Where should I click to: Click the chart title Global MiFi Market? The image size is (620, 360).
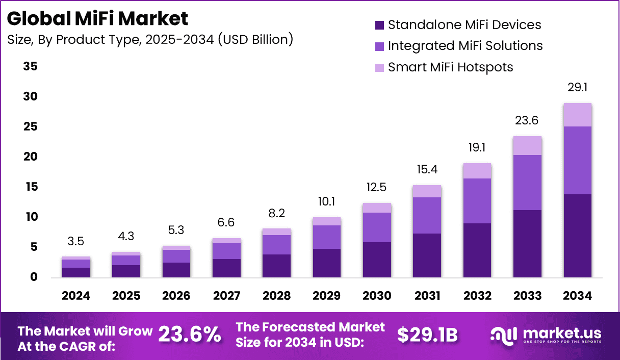pyautogui.click(x=98, y=18)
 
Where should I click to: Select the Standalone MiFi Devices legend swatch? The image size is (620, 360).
pyautogui.click(x=379, y=25)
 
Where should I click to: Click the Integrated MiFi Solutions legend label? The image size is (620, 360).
pyautogui.click(x=465, y=46)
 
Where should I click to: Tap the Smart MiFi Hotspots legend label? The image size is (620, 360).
pyautogui.click(x=450, y=67)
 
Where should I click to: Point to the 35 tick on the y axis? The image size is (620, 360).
pyautogui.click(x=30, y=67)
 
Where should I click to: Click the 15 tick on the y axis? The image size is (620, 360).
pyautogui.click(x=30, y=187)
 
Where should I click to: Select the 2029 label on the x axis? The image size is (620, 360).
pyautogui.click(x=327, y=296)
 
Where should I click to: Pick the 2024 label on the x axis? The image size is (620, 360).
pyautogui.click(x=76, y=296)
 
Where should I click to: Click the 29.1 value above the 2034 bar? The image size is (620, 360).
pyautogui.click(x=578, y=88)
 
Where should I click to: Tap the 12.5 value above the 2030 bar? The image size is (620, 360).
pyautogui.click(x=377, y=188)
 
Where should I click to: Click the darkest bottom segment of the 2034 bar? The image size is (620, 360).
pyautogui.click(x=578, y=236)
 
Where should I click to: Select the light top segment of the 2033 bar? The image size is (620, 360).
pyautogui.click(x=527, y=145)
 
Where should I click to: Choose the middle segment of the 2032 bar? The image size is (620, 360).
pyautogui.click(x=477, y=201)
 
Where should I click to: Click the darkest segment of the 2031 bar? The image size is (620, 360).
pyautogui.click(x=427, y=255)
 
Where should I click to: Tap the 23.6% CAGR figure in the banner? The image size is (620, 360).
pyautogui.click(x=190, y=335)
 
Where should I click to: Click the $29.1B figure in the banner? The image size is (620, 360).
pyautogui.click(x=427, y=335)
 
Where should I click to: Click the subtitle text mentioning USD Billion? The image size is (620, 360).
pyautogui.click(x=150, y=40)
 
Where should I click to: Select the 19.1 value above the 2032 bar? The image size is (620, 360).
pyautogui.click(x=477, y=148)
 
